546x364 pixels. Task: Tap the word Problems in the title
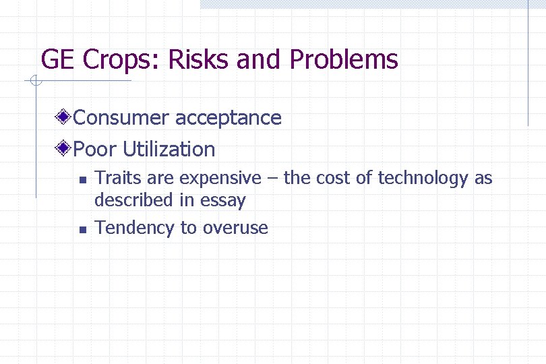pyautogui.click(x=344, y=60)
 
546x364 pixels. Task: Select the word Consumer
pyautogui.click(x=121, y=117)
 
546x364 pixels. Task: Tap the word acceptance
pyautogui.click(x=228, y=119)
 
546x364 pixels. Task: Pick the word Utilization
pyautogui.click(x=169, y=149)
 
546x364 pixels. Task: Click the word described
pyautogui.click(x=132, y=200)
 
